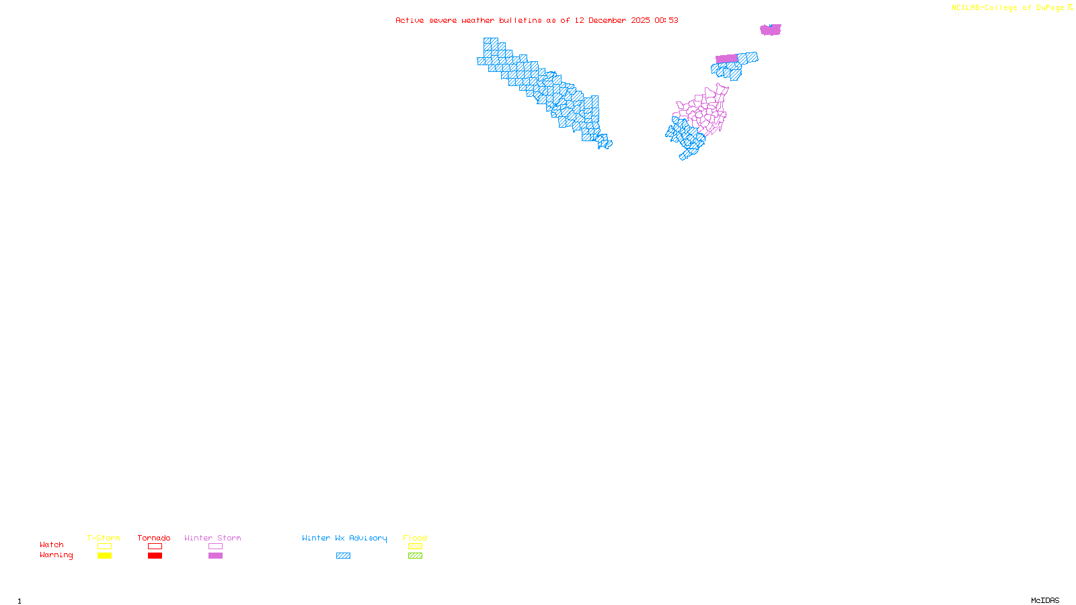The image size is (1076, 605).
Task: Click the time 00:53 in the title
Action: [x=666, y=20]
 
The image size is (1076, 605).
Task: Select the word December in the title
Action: [x=607, y=20]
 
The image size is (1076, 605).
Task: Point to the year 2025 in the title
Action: [x=640, y=20]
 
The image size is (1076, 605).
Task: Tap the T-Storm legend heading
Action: [x=104, y=538]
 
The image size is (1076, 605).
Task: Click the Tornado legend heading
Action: [x=154, y=538]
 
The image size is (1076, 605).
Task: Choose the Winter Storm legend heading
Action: [x=213, y=538]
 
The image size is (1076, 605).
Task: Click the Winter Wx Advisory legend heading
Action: [x=344, y=538]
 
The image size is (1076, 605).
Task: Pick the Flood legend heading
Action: [x=415, y=538]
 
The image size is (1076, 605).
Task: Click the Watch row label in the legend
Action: [x=52, y=544]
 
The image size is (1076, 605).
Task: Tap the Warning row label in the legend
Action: [x=56, y=555]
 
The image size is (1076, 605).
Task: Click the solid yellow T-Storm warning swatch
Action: [x=104, y=556]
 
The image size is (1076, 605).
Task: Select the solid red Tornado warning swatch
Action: [x=155, y=556]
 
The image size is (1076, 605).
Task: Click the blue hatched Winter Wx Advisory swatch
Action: [x=343, y=556]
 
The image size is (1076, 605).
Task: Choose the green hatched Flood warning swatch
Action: [x=415, y=556]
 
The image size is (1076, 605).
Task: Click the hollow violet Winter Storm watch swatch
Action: [x=215, y=547]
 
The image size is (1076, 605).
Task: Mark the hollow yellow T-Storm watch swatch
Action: [x=104, y=547]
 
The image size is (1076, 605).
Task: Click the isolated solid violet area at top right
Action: [x=770, y=30]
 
